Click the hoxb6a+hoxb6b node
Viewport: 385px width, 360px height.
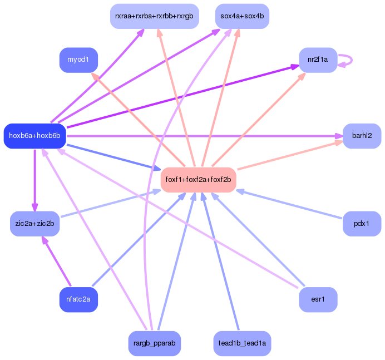point(34,136)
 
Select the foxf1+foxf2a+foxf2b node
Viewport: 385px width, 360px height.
point(199,180)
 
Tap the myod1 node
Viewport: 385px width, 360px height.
point(78,60)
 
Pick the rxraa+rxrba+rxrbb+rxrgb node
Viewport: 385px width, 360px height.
point(154,17)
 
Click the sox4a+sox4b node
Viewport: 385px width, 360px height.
point(242,17)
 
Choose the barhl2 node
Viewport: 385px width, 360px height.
point(362,136)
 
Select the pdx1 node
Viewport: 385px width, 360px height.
point(362,224)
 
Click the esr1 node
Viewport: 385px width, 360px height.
point(318,300)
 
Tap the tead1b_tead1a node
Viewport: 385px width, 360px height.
point(242,344)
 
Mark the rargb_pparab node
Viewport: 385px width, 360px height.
point(154,344)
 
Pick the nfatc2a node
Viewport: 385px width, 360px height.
point(78,300)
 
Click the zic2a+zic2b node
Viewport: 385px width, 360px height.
point(34,224)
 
